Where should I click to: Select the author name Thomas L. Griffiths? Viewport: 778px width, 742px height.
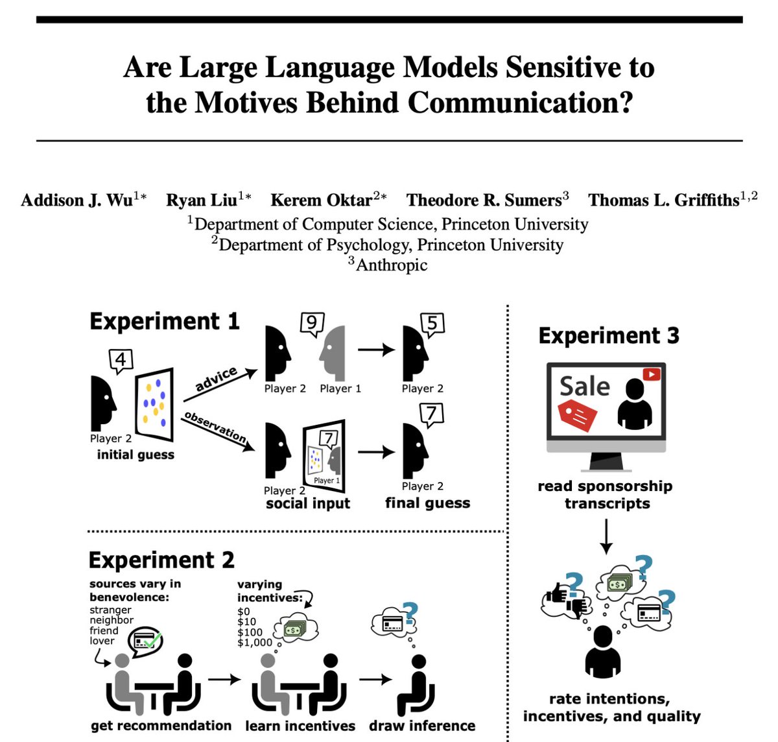coord(663,200)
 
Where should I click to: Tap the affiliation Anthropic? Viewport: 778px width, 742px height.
coord(392,265)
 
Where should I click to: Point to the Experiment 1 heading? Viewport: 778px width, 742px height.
coord(164,322)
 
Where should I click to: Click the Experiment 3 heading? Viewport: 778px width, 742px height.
coord(608,336)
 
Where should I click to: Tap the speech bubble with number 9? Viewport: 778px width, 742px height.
coord(312,324)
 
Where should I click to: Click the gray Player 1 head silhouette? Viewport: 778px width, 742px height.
coord(335,353)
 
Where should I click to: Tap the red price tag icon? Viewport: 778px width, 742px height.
coord(576,414)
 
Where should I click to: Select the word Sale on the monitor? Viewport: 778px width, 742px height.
coord(585,387)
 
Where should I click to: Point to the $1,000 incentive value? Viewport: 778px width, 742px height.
coord(254,642)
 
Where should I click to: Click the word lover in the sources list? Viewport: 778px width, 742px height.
coord(102,641)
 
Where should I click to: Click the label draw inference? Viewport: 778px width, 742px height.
coord(422,726)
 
